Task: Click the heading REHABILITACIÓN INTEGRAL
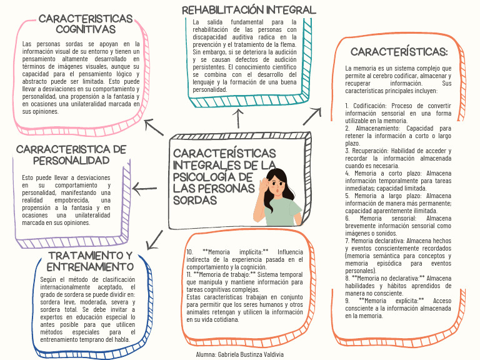(249, 10)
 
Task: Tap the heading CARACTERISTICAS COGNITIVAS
(86, 24)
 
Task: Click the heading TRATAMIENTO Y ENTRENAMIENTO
(91, 261)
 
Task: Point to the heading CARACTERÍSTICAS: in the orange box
(399, 52)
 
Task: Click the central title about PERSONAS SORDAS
(224, 176)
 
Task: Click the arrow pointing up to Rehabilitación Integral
(238, 119)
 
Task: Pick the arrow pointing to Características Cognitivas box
(154, 127)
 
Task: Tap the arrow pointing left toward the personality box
(144, 188)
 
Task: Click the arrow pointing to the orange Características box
(312, 116)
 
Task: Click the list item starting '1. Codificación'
(399, 112)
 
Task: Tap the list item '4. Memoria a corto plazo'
(399, 181)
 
